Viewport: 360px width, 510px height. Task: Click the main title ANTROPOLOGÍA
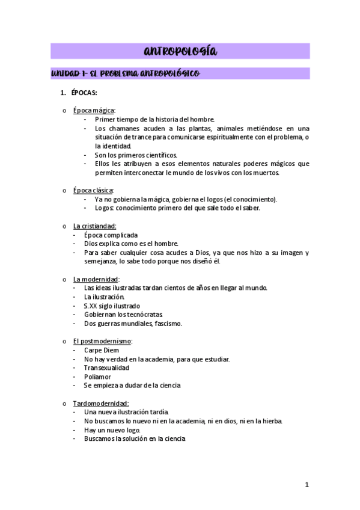pos(180,51)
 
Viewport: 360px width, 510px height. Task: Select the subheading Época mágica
pos(94,111)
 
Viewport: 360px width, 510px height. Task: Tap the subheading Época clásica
pos(93,191)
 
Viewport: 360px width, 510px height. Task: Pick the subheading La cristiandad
pos(94,226)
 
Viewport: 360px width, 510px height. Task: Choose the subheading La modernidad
pos(96,279)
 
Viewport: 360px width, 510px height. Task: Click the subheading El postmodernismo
pos(102,341)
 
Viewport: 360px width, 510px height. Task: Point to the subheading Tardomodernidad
pos(100,404)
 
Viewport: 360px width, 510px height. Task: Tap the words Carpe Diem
pos(102,350)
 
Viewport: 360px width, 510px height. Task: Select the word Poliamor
pos(97,376)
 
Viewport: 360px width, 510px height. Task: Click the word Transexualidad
pos(106,367)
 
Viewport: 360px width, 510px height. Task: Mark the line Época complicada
pos(111,235)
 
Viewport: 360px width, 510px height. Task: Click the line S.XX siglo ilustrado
pos(111,306)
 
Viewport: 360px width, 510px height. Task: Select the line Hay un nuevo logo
pos(111,430)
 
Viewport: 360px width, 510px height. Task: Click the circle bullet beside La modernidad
pos(64,280)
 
